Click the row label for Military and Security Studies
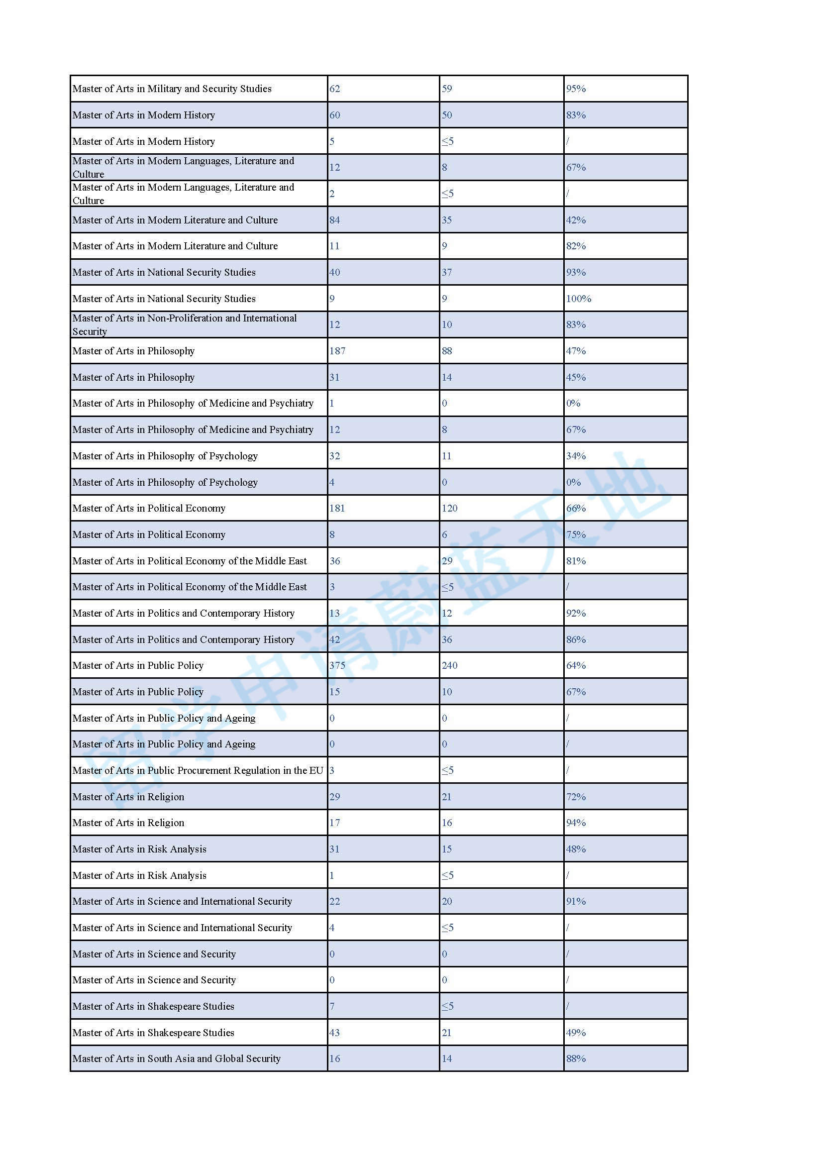coord(172,89)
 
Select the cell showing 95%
coord(576,89)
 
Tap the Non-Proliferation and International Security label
coord(185,324)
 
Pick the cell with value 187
coord(337,351)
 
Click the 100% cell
coord(578,299)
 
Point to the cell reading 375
coord(337,665)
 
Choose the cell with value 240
coord(449,665)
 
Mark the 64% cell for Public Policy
coord(576,665)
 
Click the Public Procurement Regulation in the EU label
coord(198,770)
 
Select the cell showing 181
coord(337,508)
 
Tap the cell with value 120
coord(449,508)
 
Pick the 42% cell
coord(576,220)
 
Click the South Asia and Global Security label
coord(176,1058)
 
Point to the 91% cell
coord(576,901)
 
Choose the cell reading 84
coord(334,220)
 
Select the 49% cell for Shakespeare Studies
coord(576,1032)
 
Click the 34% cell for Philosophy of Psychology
coord(576,456)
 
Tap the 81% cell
coord(576,561)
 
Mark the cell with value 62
coord(334,89)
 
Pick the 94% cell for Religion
coord(576,822)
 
